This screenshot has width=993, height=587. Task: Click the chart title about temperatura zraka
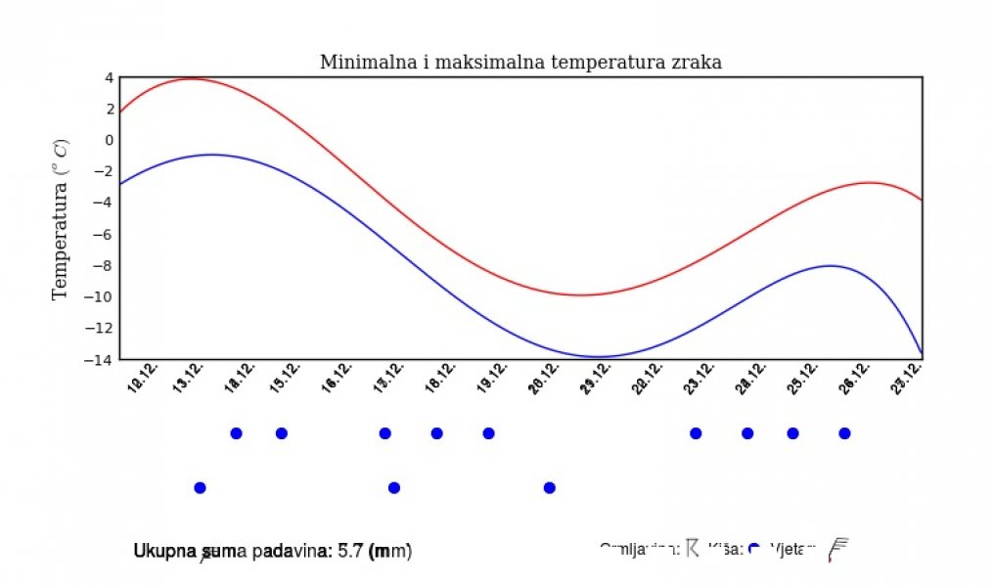coord(520,63)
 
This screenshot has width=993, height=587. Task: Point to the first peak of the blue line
coord(211,155)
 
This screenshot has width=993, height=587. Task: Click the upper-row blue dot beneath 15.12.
coord(281,433)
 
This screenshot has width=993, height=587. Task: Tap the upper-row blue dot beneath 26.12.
coord(844,433)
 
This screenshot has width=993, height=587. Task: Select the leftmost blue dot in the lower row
coord(201,487)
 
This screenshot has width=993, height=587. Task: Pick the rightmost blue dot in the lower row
coord(550,487)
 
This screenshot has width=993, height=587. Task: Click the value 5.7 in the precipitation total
coord(349,552)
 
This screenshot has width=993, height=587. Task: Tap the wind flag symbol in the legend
coord(837,550)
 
